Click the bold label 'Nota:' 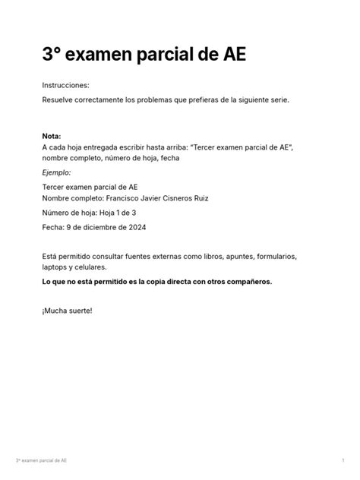coord(53,135)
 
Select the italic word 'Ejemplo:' coord(58,172)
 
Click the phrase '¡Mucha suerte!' coord(67,311)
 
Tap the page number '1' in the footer coord(343,461)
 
